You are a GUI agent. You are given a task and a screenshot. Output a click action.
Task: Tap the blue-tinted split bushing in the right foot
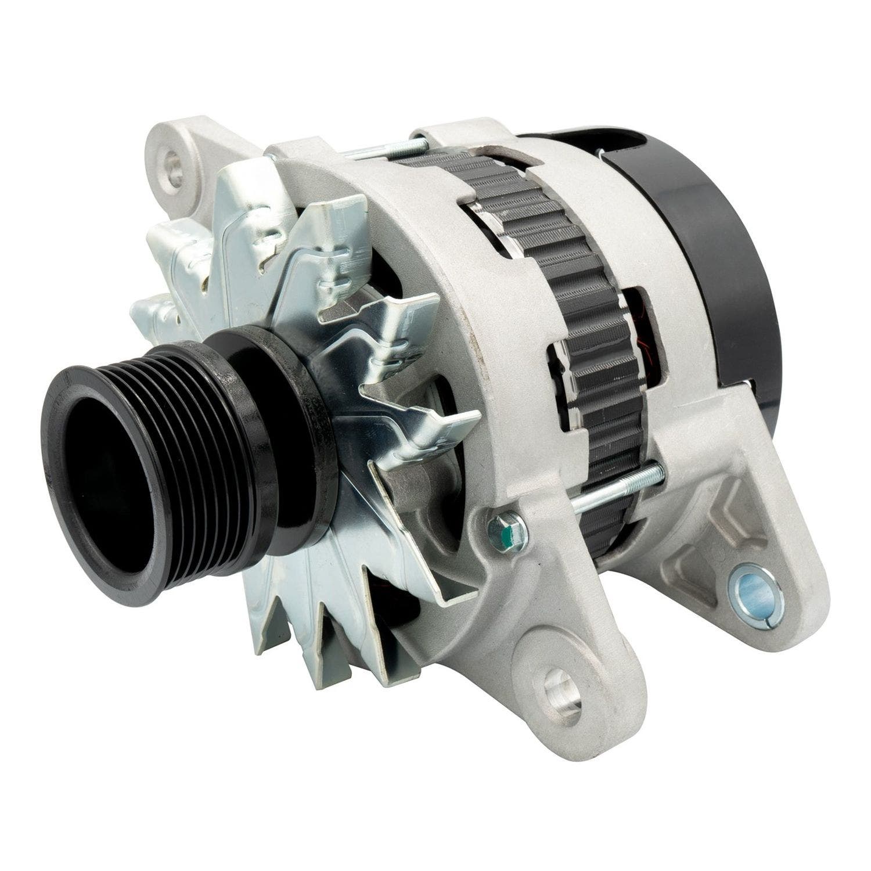pyautogui.click(x=758, y=604)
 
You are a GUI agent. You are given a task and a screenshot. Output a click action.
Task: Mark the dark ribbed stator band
pyautogui.click(x=557, y=261)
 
